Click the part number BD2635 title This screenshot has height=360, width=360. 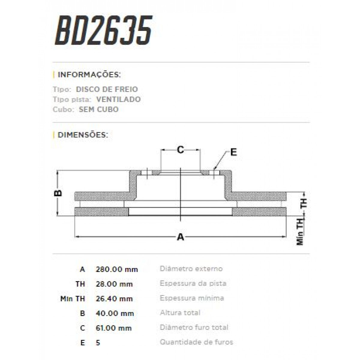103,31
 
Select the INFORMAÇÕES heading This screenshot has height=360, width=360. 89,75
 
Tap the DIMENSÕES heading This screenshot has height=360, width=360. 82,135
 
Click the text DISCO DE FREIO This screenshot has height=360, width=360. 107,89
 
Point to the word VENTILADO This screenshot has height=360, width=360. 118,99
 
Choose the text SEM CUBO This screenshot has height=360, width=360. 99,109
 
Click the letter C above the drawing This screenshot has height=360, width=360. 180,149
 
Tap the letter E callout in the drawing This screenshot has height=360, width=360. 233,152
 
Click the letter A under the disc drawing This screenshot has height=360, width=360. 180,237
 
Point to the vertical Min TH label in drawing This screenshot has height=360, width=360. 300,231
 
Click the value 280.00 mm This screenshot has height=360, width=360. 117,269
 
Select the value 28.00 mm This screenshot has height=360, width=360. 114,284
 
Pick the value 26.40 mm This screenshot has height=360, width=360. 114,298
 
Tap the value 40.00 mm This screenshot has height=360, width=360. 115,313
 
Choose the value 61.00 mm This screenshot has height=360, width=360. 114,328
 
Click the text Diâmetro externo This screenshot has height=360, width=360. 191,268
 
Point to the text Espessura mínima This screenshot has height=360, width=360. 192,298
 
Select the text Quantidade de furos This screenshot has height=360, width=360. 196,342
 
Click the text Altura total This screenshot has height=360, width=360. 180,313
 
